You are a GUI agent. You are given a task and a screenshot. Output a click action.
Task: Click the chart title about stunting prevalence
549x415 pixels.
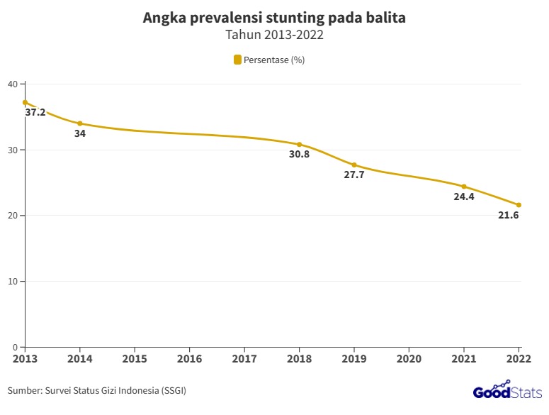(x=274, y=18)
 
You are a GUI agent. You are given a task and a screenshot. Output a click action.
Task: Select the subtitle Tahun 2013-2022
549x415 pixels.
(x=274, y=35)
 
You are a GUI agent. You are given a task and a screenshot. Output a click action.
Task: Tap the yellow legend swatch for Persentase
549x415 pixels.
(x=238, y=60)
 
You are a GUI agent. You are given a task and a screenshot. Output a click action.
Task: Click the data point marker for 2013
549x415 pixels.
(x=25, y=102)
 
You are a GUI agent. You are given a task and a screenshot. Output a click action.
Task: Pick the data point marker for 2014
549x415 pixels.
(x=80, y=123)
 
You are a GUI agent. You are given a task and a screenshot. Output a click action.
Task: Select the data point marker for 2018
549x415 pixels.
(x=299, y=144)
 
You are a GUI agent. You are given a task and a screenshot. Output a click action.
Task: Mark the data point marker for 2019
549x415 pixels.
(x=354, y=165)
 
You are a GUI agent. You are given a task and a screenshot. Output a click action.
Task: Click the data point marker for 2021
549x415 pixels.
(x=464, y=187)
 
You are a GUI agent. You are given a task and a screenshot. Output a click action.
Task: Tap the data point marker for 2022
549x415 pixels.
(x=519, y=205)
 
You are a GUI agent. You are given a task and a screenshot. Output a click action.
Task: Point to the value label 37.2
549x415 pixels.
(x=35, y=113)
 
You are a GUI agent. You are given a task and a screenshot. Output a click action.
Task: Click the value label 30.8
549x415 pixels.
(x=299, y=155)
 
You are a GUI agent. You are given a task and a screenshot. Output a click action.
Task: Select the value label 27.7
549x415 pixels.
(x=354, y=175)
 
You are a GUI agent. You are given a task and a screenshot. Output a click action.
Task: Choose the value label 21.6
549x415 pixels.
(x=509, y=216)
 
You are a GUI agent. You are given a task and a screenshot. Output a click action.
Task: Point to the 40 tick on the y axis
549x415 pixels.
(x=12, y=84)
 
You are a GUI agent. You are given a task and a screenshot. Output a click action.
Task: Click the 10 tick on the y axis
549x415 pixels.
(x=12, y=282)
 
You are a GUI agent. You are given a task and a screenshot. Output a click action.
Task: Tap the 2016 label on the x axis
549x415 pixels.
(x=189, y=359)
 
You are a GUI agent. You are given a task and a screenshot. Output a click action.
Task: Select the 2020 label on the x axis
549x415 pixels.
(x=409, y=359)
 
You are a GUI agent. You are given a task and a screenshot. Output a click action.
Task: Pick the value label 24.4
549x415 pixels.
(x=464, y=197)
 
